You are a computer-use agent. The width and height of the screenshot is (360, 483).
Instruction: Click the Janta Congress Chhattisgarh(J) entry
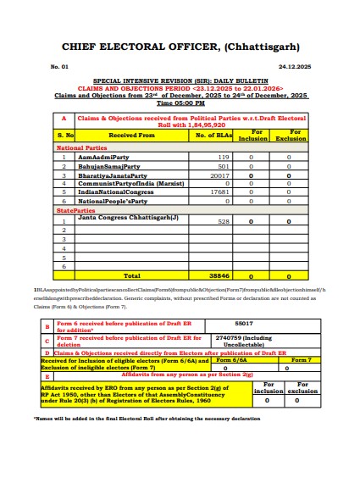click(128, 218)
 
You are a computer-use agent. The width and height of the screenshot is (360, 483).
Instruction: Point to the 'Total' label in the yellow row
click(131, 275)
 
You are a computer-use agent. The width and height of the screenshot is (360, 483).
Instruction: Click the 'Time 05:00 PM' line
click(180, 103)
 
